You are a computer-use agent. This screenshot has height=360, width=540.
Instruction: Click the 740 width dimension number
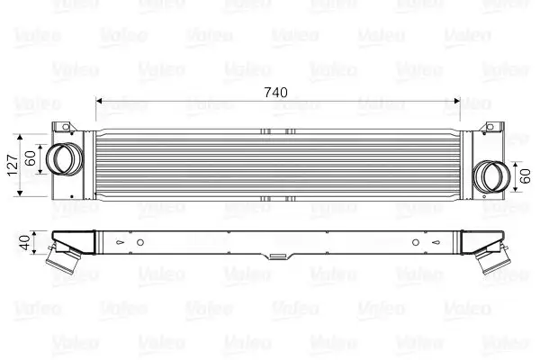click(278, 93)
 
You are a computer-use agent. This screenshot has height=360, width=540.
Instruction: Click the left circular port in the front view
click(63, 159)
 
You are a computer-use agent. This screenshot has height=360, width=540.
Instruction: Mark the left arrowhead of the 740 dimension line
click(99, 100)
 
